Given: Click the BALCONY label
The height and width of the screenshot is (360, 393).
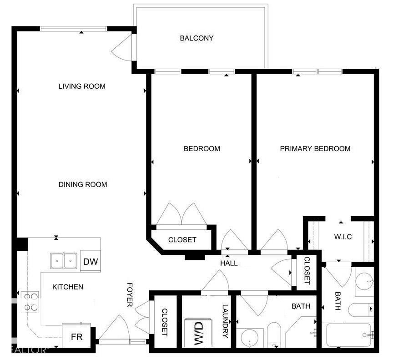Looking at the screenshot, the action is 196,38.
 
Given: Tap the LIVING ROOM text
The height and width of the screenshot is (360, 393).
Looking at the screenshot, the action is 82,86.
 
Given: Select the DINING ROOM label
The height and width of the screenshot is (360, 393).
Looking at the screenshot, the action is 83,184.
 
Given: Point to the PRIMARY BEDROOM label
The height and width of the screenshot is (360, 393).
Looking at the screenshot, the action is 315,149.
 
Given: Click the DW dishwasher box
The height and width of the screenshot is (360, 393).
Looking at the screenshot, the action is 91,261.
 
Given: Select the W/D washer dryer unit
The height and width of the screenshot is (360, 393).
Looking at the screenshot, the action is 198,333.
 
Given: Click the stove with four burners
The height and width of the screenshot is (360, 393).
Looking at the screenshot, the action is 30,302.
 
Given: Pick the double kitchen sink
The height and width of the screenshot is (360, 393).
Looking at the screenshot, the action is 64,261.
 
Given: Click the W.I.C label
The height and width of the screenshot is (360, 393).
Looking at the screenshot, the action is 343,237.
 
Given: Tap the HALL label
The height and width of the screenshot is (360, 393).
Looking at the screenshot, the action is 229,263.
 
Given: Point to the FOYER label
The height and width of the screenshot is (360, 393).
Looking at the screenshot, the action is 130,294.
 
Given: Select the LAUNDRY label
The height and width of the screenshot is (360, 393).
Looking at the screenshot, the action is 225,321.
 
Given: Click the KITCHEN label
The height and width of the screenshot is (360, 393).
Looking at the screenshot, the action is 68,287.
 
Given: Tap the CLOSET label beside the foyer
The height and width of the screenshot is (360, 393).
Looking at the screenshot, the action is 164,322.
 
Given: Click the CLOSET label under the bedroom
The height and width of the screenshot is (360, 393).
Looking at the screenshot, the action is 182,240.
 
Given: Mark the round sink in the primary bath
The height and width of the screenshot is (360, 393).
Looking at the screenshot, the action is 364,281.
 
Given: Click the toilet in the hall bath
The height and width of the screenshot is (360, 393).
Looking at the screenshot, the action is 274,335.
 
